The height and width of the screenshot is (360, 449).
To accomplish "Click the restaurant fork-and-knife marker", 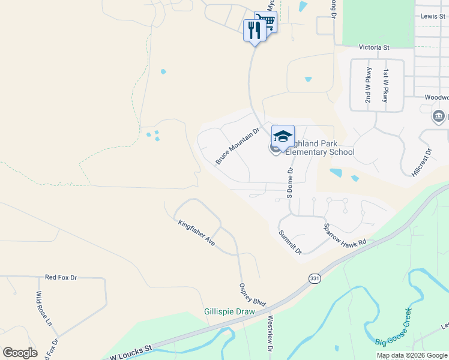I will point(255,29).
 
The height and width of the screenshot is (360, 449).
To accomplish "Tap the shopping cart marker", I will point(266,22).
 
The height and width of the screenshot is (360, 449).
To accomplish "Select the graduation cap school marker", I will point(283,136).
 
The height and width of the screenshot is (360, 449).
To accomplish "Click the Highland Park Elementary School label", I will point(319,148).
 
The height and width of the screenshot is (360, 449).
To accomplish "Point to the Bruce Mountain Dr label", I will point(237,146).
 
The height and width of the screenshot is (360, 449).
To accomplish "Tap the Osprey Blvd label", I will point(252,295).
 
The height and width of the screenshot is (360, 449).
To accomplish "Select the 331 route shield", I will point(314,279).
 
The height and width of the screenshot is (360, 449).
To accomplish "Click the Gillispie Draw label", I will point(229,311).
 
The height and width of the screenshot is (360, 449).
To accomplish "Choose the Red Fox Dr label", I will point(61,277).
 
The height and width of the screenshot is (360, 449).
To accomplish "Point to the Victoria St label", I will point(374,47).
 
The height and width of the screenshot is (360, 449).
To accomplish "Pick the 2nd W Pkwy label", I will point(369,85).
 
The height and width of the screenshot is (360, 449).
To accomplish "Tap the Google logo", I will point(20,352).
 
